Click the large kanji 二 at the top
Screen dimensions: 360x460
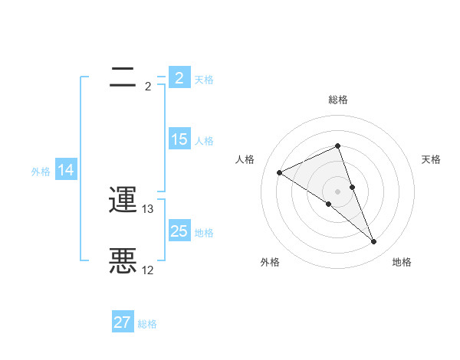(123, 77)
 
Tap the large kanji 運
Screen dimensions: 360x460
(123, 201)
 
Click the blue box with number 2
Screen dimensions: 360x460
(179, 77)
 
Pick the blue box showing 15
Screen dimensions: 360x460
(179, 139)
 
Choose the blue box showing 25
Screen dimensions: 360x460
(179, 231)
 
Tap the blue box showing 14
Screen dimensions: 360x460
(66, 170)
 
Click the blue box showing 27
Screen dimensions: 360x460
(123, 322)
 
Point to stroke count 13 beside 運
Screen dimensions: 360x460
(148, 208)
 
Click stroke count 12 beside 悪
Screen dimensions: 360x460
(148, 270)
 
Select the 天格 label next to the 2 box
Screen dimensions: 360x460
(204, 80)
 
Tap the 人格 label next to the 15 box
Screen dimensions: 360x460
(204, 141)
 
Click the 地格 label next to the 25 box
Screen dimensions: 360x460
(204, 232)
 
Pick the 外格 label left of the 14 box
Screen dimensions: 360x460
(41, 172)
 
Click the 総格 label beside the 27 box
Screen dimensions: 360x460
(147, 324)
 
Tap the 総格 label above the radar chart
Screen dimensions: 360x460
(338, 100)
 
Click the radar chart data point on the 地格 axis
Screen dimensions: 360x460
(374, 242)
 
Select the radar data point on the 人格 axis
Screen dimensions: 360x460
(279, 172)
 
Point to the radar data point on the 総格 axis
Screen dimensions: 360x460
(338, 146)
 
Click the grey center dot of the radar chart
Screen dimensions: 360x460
(338, 191)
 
